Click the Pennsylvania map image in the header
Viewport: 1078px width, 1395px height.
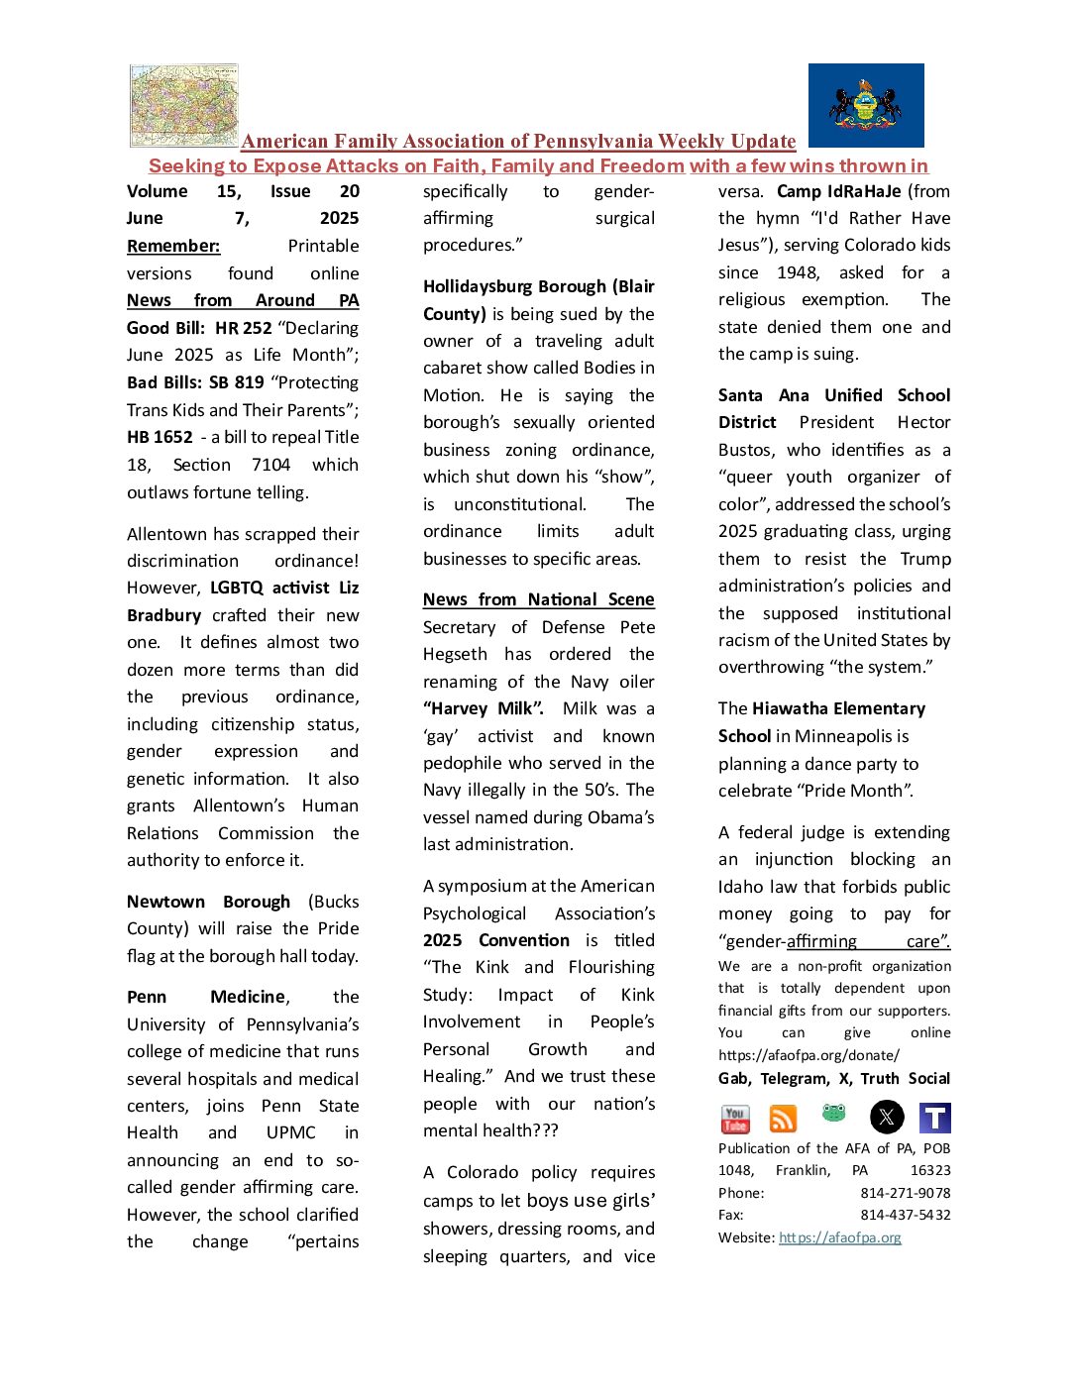pyautogui.click(x=184, y=105)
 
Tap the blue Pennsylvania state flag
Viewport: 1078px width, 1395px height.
pyautogui.click(x=866, y=105)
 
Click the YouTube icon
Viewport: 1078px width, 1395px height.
pyautogui.click(x=735, y=1119)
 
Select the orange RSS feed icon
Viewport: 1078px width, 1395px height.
pyautogui.click(x=783, y=1119)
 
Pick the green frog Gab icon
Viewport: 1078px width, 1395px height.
pyautogui.click(x=834, y=1115)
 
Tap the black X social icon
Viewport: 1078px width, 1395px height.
pyautogui.click(x=887, y=1118)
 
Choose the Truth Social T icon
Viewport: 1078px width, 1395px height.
pyautogui.click(x=934, y=1118)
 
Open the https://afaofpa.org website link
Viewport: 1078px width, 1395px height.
pyautogui.click(x=840, y=1237)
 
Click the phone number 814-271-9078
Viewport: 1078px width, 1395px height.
pyautogui.click(x=905, y=1193)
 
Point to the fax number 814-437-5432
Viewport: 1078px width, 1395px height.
pyautogui.click(x=905, y=1215)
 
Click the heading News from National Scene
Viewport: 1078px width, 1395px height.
pyautogui.click(x=538, y=599)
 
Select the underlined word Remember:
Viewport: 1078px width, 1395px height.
pyautogui.click(x=173, y=246)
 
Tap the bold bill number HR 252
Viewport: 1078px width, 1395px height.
pyautogui.click(x=243, y=328)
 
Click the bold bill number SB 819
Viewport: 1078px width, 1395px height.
pyautogui.click(x=236, y=382)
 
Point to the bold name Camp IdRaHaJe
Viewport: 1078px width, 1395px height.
pyautogui.click(x=838, y=191)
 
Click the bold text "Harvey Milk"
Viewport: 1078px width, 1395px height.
pyautogui.click(x=484, y=708)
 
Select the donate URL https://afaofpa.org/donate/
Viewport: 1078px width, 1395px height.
pyautogui.click(x=808, y=1055)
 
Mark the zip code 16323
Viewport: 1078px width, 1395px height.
pyautogui.click(x=929, y=1170)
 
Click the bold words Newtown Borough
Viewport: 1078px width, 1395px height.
pyautogui.click(x=208, y=902)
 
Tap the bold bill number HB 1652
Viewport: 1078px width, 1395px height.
pyautogui.click(x=160, y=437)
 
